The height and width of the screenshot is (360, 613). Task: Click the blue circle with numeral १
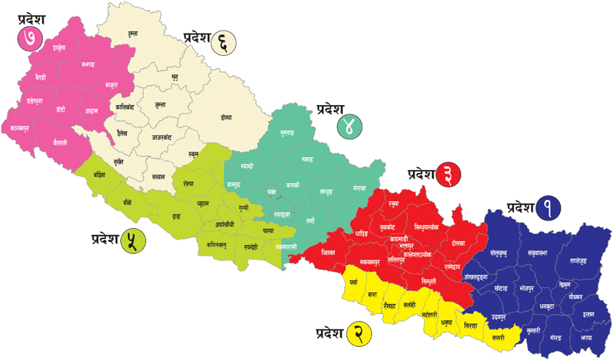tap(549, 207)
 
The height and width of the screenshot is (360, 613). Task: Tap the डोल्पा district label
tap(225, 117)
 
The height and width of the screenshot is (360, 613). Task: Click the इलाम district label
tap(588, 314)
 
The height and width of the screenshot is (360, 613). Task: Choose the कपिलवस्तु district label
tap(218, 245)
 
